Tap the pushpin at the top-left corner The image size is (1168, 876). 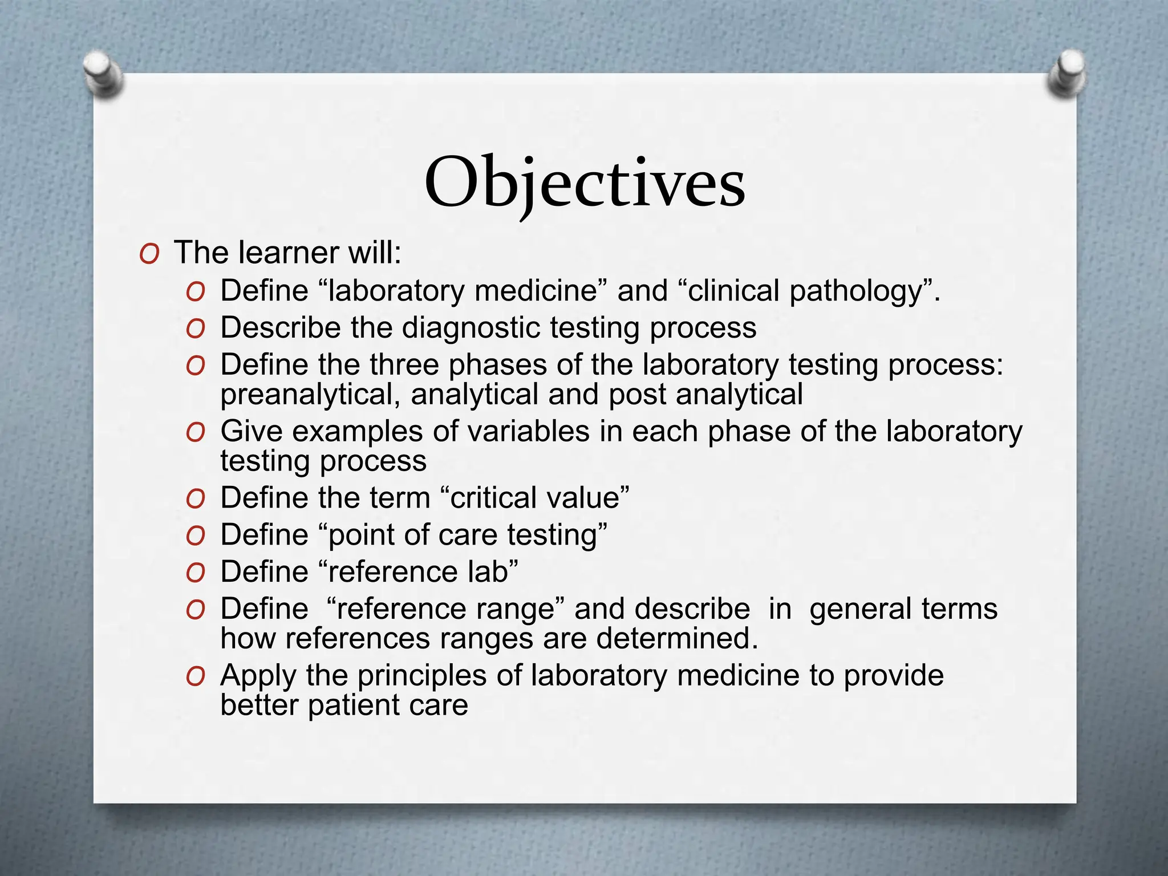pyautogui.click(x=102, y=74)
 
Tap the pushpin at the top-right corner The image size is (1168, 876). pyautogui.click(x=1066, y=75)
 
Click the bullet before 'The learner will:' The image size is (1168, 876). pyautogui.click(x=149, y=254)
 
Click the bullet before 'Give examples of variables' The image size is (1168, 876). pyautogui.click(x=195, y=433)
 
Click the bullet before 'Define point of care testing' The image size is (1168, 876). pyautogui.click(x=195, y=537)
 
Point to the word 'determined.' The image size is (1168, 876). pyautogui.click(x=677, y=639)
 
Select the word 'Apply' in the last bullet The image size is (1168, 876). pyautogui.click(x=258, y=676)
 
